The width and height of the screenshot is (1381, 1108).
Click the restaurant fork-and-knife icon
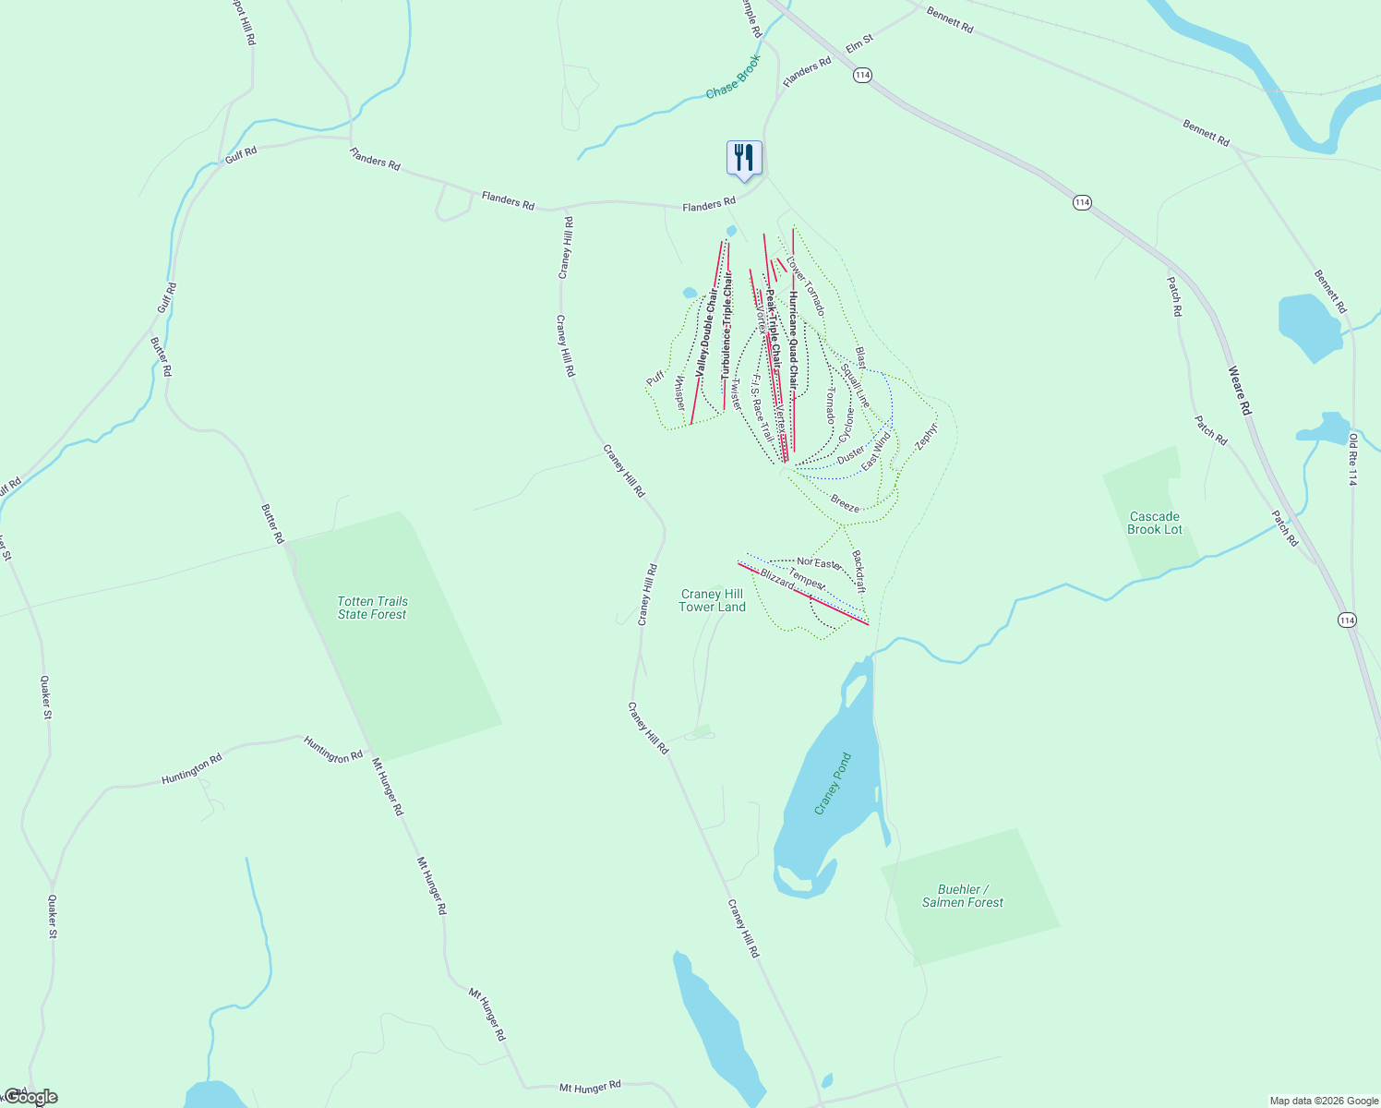point(744,158)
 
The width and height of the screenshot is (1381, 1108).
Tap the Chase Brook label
point(734,78)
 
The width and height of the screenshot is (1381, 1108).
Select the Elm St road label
point(859,42)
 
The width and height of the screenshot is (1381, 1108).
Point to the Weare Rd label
point(1239,391)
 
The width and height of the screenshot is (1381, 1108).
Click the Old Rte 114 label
point(1353,459)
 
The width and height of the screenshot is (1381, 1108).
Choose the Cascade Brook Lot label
point(1154,524)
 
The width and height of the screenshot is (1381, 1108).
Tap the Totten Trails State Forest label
point(372,608)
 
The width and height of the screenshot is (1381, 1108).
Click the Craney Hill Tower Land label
point(712,600)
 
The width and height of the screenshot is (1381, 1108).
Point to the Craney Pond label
point(833,784)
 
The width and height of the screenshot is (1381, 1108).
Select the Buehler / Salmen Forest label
point(962,896)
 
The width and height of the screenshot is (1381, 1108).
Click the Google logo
point(30,1097)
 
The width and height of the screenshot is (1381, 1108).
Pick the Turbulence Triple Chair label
point(727,326)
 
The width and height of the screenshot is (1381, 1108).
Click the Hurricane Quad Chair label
point(792,341)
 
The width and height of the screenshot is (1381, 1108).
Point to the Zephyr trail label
point(926,437)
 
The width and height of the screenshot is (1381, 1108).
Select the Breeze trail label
point(845,503)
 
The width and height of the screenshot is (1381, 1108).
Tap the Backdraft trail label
point(859,572)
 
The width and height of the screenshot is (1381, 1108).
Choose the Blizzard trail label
point(777,579)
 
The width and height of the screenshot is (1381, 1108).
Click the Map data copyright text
point(1323,1101)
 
